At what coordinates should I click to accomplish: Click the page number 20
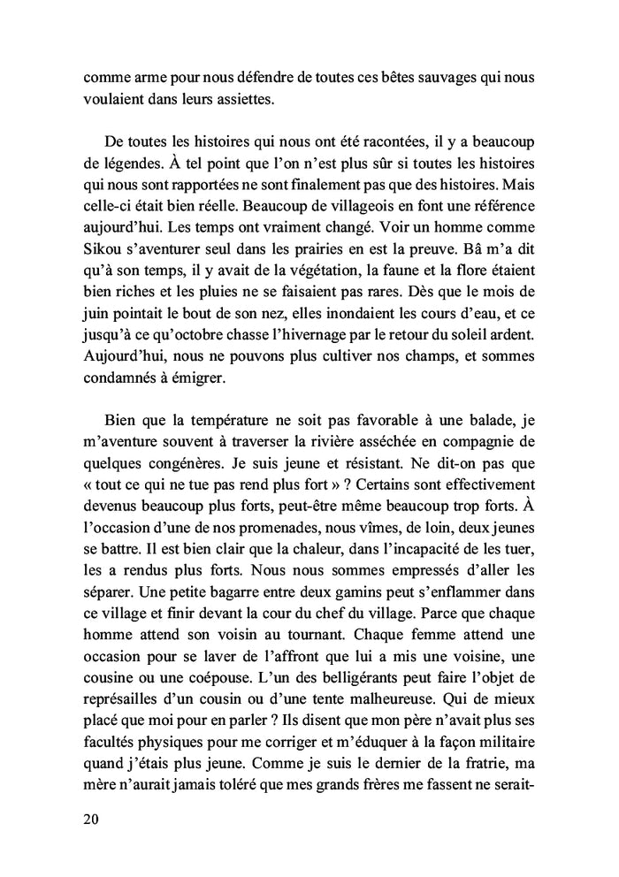pos(90,819)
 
